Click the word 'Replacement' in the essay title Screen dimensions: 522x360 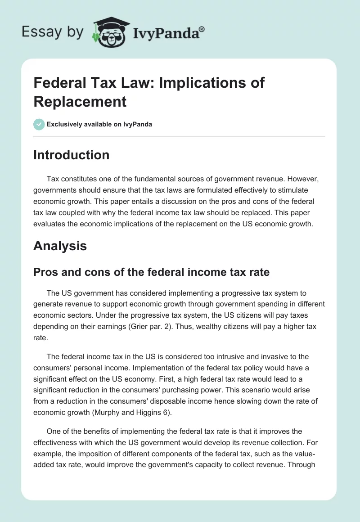(x=80, y=101)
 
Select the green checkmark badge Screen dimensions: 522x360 (x=39, y=124)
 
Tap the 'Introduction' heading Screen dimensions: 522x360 (x=71, y=155)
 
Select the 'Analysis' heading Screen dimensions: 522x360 (x=60, y=246)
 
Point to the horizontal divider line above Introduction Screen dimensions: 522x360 (x=179, y=136)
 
